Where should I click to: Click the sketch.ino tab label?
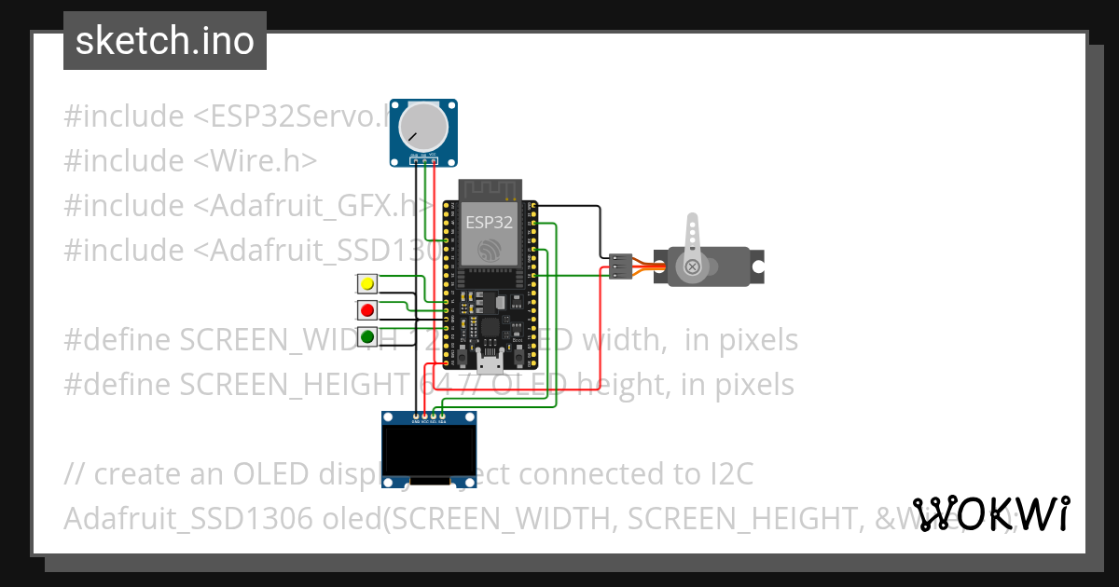pos(164,41)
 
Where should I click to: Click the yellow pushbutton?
pos(367,283)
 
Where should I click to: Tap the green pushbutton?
pos(367,336)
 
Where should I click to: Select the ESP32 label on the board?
pos(489,223)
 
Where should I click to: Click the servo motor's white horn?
pos(692,247)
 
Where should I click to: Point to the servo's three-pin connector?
pos(620,266)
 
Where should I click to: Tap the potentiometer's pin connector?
pos(424,160)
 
